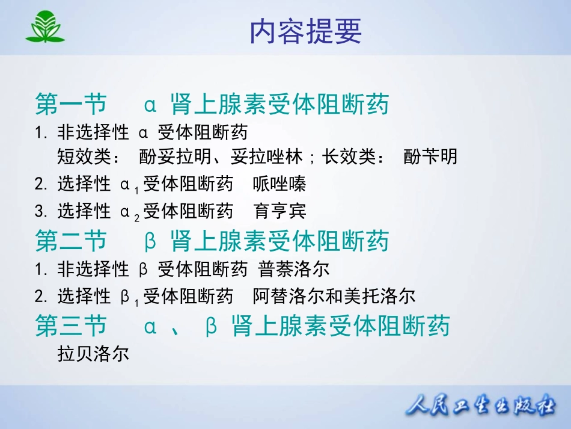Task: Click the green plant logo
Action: point(45,26)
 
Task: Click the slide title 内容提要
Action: point(305,32)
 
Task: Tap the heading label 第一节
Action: point(71,104)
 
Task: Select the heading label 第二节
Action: point(71,241)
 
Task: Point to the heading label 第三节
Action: point(71,326)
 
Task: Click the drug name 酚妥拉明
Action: point(175,156)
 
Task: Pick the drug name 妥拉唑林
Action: point(266,156)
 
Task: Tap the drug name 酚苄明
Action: point(430,156)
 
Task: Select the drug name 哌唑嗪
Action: point(279,184)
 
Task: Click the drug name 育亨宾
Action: point(279,211)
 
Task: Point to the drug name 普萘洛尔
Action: point(293,269)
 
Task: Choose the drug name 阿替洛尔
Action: point(289,296)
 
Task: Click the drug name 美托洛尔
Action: point(379,296)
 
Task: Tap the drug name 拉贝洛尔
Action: point(93,354)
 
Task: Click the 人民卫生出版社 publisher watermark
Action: point(481,404)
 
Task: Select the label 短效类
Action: point(84,156)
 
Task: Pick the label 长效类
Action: point(349,156)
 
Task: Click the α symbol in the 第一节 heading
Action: point(150,105)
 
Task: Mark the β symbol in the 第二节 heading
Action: point(150,241)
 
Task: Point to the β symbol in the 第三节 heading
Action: point(211,326)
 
